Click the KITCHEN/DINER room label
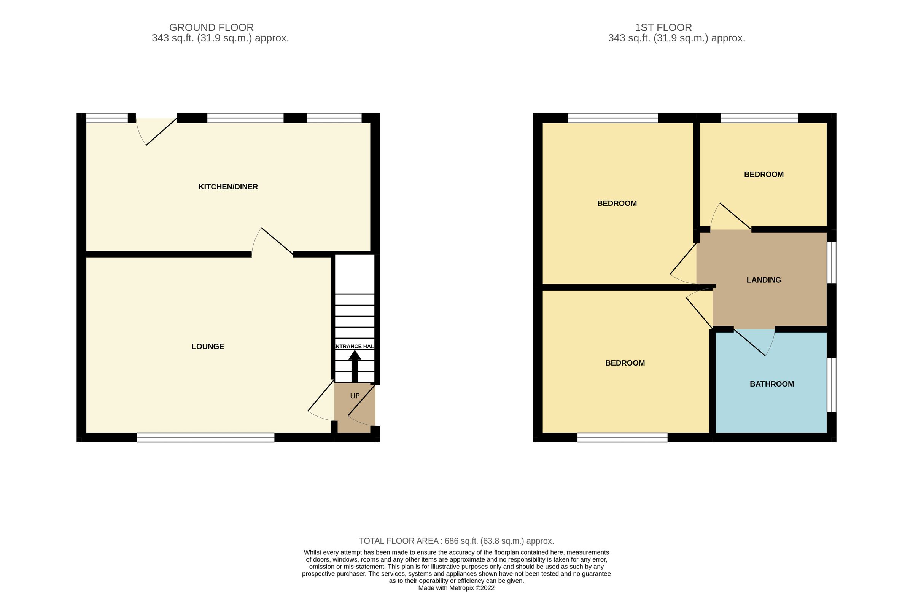click(228, 187)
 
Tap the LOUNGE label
click(208, 347)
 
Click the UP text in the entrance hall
click(355, 396)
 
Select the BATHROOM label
click(771, 384)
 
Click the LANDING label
click(763, 280)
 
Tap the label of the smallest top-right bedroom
click(763, 175)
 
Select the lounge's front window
click(206, 438)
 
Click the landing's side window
click(831, 263)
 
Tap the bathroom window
click(831, 385)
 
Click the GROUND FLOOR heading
click(212, 28)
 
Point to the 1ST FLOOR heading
click(663, 28)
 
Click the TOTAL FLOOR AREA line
click(456, 541)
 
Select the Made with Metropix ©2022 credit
click(456, 588)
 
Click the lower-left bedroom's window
click(622, 438)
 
